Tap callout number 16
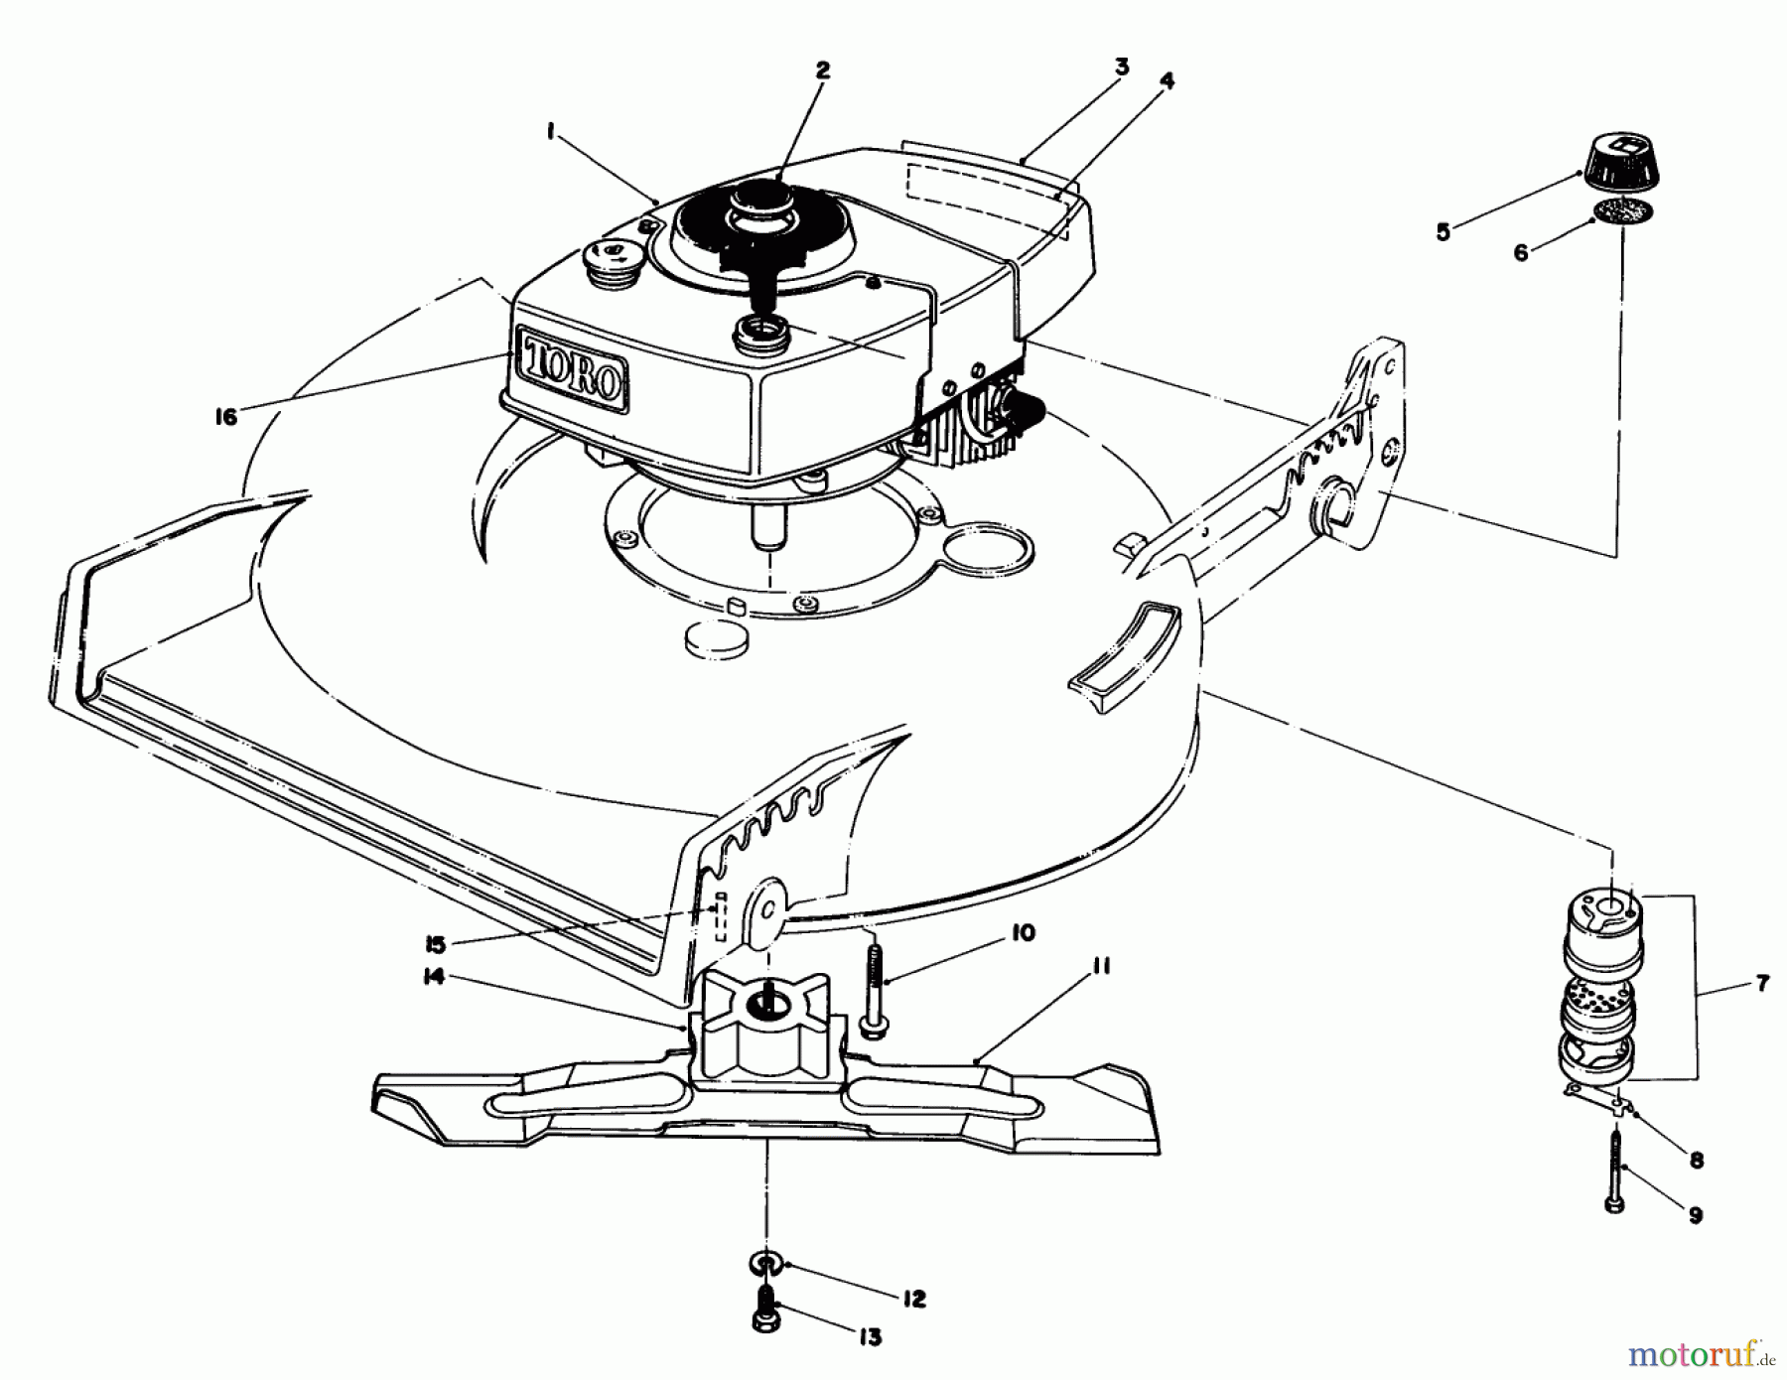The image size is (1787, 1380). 226,417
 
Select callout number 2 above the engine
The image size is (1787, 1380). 822,70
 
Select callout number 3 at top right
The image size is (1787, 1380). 1121,69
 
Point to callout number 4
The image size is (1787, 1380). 1167,82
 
